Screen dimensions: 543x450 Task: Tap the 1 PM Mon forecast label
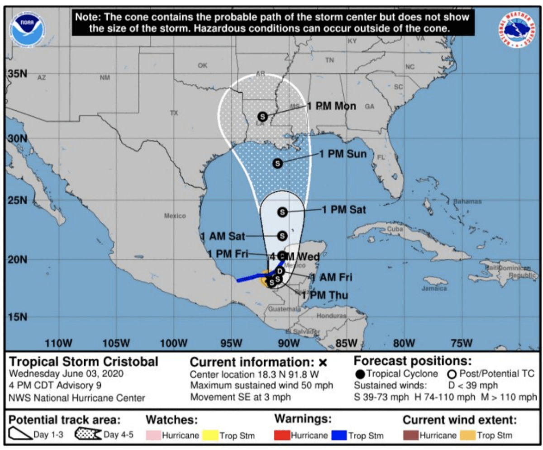[332, 106]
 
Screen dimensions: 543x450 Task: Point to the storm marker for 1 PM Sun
[278, 163]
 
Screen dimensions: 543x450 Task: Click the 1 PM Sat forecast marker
[283, 212]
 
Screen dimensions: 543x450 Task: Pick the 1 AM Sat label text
[223, 236]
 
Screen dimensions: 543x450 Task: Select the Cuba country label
[395, 230]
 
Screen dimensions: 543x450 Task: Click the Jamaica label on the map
[434, 288]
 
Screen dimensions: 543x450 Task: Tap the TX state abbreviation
[174, 113]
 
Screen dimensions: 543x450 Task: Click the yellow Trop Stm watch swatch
[210, 436]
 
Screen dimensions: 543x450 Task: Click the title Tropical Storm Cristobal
[84, 362]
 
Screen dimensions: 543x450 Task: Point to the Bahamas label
[467, 201]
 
